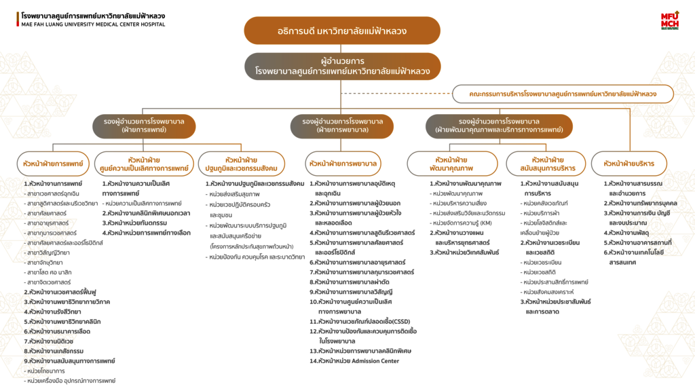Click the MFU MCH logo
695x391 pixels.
pyautogui.click(x=669, y=21)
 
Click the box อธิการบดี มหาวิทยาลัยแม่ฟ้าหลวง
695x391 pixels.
pyautogui.click(x=343, y=31)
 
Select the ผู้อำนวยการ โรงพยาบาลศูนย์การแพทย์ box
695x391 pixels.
pyautogui.click(x=343, y=66)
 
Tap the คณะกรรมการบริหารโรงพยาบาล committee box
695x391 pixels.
pyautogui.click(x=563, y=94)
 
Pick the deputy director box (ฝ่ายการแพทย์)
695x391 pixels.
pyautogui.click(x=144, y=126)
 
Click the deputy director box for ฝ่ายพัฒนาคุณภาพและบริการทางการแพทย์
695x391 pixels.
pyautogui.click(x=499, y=126)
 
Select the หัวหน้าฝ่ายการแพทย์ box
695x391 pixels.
pyautogui.click(x=53, y=164)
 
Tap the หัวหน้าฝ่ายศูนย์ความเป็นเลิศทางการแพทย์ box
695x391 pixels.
pyautogui.click(x=144, y=164)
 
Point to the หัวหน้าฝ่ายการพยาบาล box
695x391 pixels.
pyautogui.click(x=343, y=164)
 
